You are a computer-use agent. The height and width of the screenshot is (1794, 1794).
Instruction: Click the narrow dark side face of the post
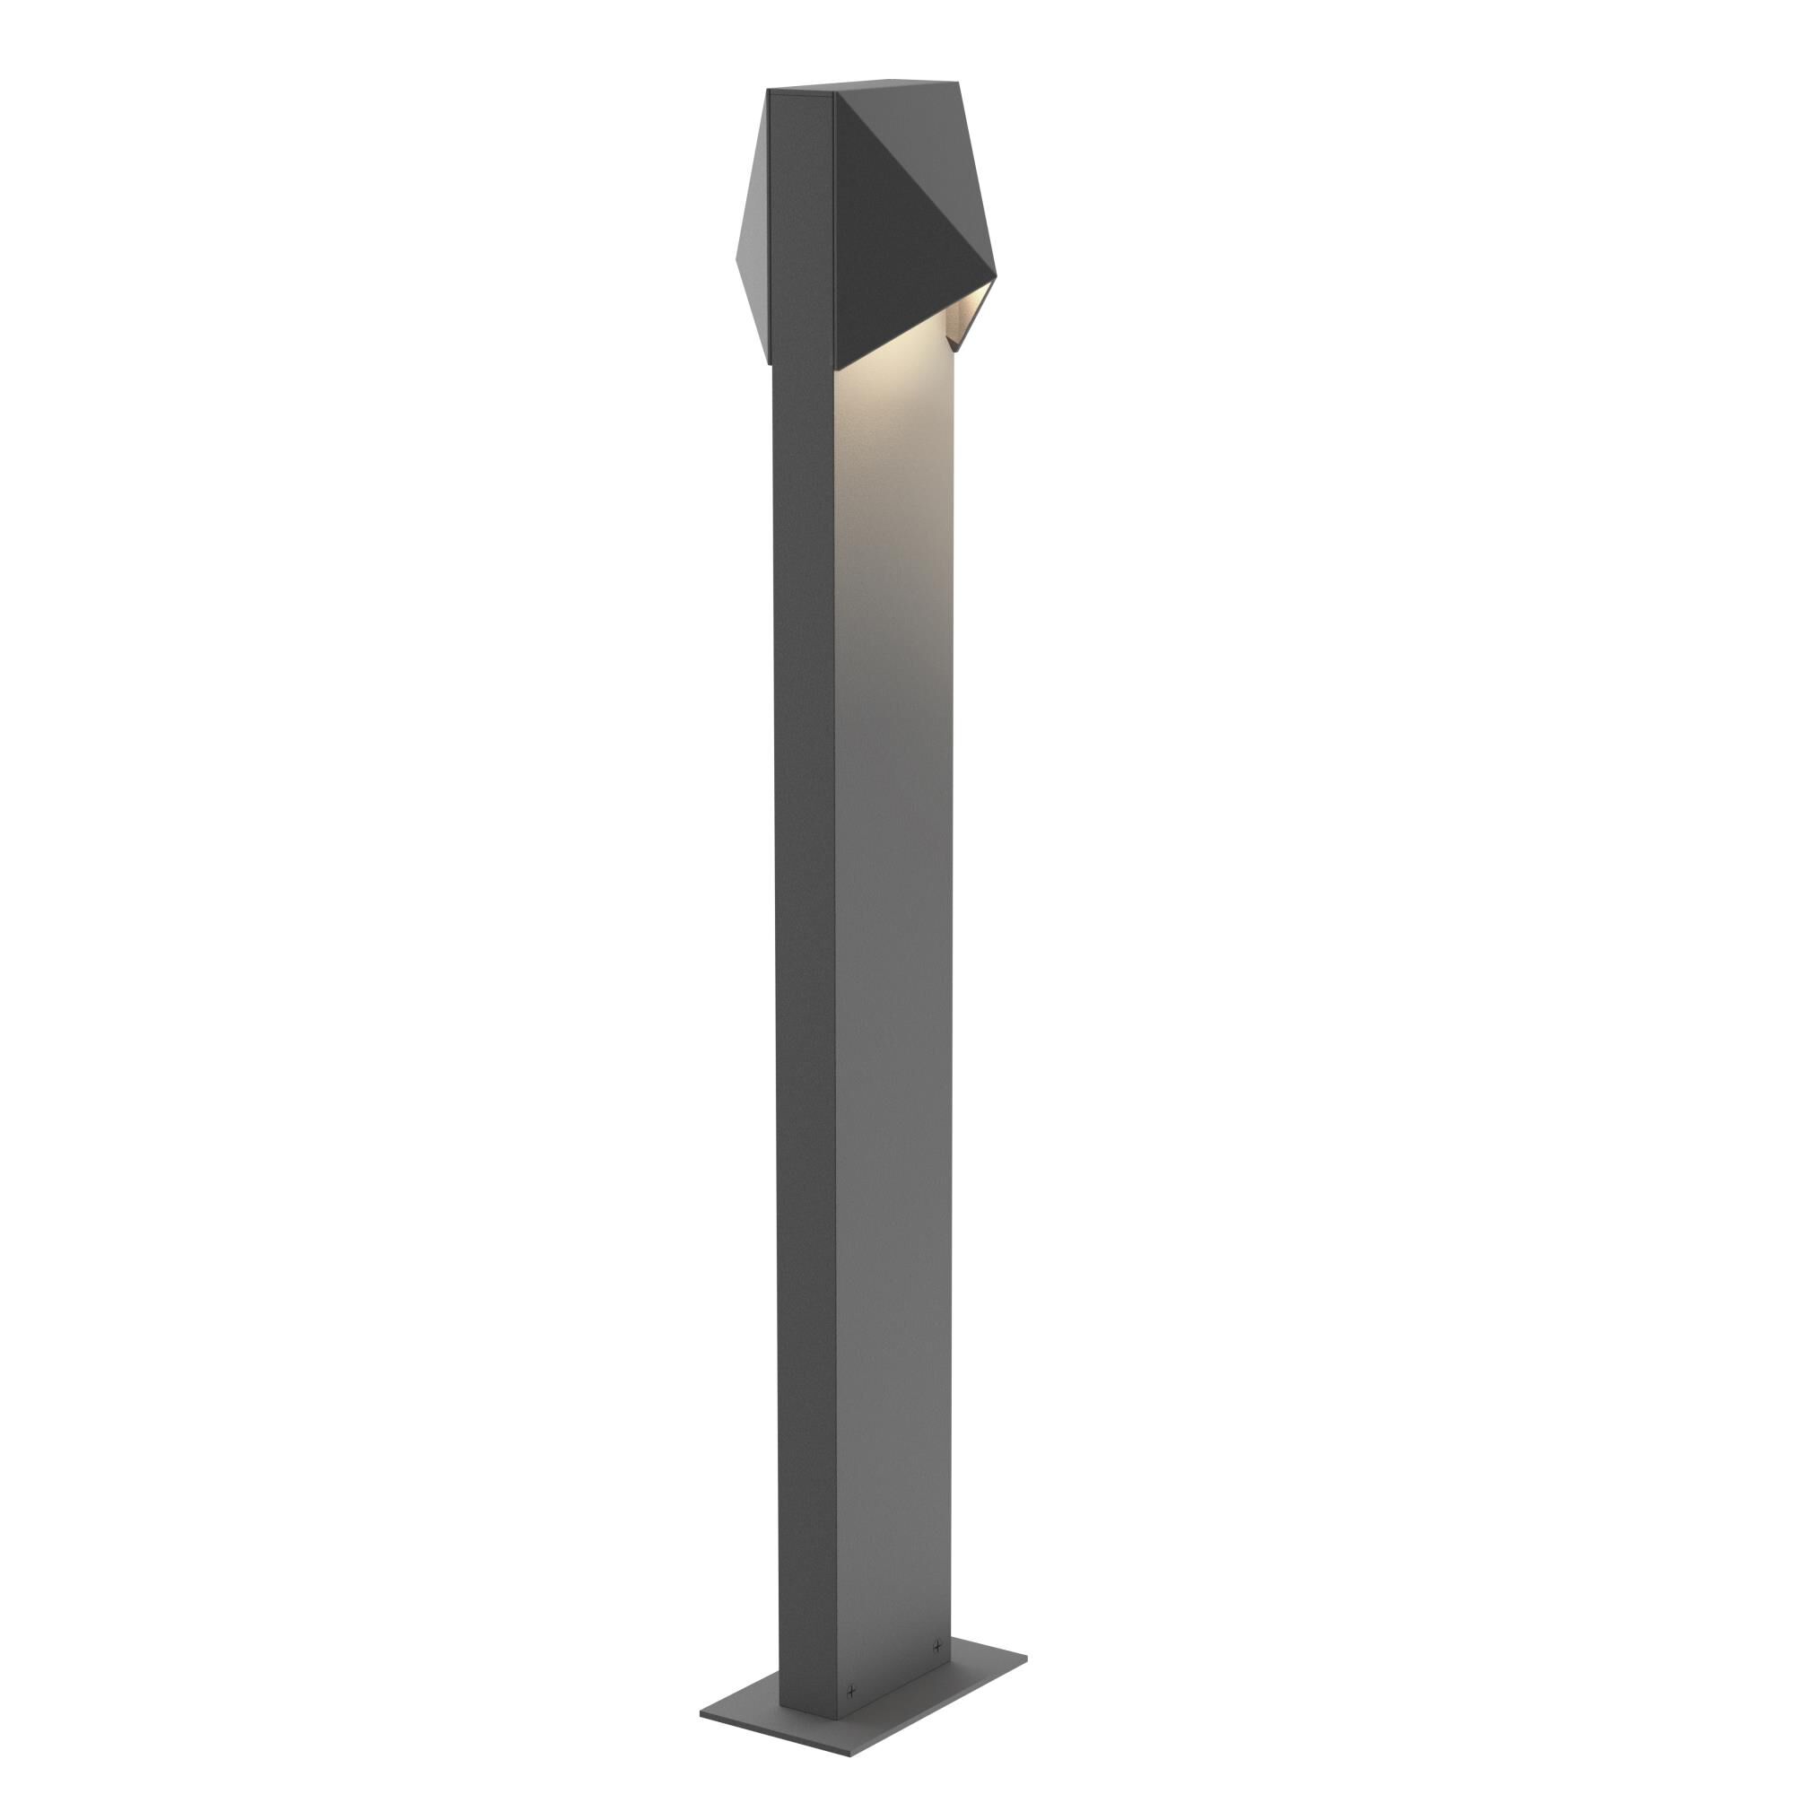[x=804, y=928]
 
